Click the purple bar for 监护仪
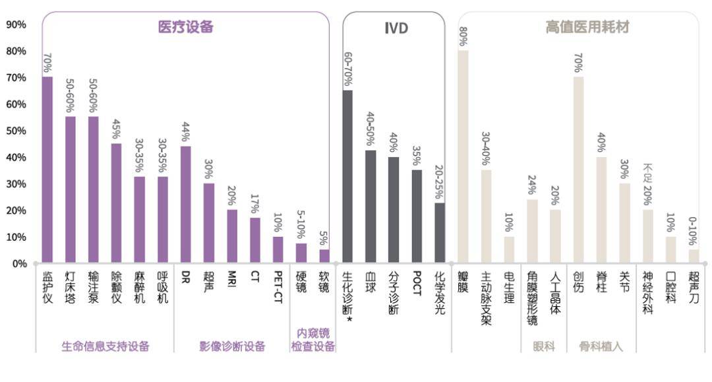pos(47,170)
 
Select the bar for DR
pos(186,205)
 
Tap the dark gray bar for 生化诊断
pos(347,176)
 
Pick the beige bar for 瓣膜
pos(463,156)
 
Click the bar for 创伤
pos(578,170)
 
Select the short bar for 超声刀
pos(694,256)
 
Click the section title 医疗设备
pos(185,27)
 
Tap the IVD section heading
pos(396,28)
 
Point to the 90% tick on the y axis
pos(16,24)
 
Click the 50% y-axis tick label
pos(16,131)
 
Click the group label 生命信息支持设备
pos(105,346)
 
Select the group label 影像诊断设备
pos(232,346)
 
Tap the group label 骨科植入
pos(601,346)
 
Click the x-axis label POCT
pos(417,283)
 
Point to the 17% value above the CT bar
pos(255,205)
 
